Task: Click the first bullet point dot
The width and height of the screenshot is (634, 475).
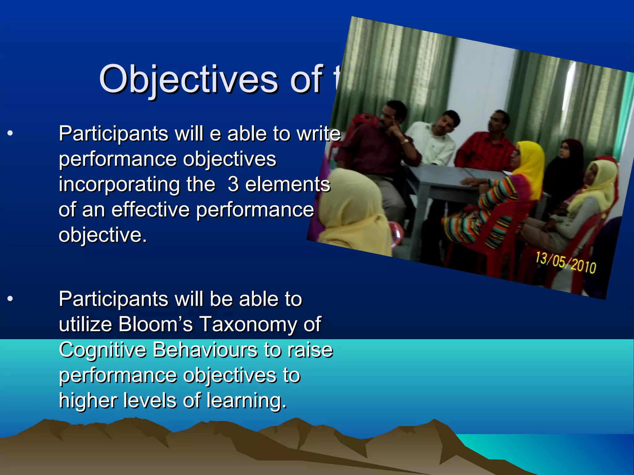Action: coord(10,134)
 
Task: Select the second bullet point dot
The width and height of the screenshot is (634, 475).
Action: coord(10,299)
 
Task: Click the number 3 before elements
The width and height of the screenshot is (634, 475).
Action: coord(233,184)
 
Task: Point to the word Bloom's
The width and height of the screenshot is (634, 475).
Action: coord(155,324)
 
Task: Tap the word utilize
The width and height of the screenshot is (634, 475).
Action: coord(85,324)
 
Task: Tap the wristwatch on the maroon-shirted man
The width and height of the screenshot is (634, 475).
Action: coord(405,142)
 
